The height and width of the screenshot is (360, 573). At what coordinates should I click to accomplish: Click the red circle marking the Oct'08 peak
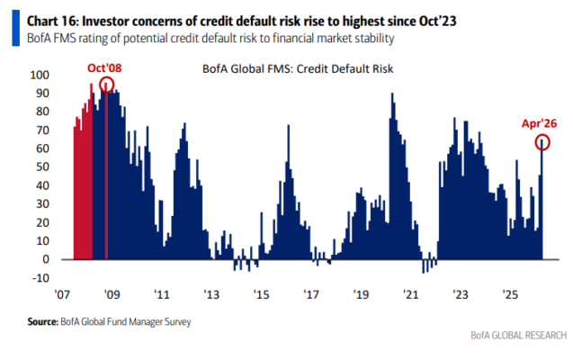(107, 85)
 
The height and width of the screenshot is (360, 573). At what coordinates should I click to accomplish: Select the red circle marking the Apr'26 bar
(542, 142)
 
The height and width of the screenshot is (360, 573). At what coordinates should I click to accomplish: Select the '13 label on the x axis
(212, 294)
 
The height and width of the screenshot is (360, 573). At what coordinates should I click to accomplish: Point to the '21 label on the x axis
(410, 294)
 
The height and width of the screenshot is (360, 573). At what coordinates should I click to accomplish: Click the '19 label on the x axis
(361, 294)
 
